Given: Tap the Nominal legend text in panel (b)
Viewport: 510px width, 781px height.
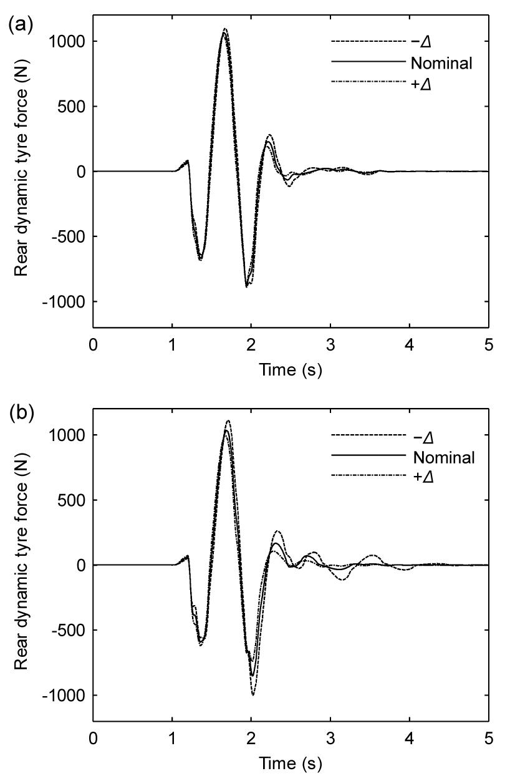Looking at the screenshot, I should pos(444,457).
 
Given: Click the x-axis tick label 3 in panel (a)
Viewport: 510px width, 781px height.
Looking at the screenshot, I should pos(330,344).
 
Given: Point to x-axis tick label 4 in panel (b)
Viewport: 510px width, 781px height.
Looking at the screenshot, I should pos(410,739).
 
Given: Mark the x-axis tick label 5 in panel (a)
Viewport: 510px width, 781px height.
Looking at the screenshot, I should pos(488,344).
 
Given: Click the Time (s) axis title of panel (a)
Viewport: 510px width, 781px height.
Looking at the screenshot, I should pos(291,371).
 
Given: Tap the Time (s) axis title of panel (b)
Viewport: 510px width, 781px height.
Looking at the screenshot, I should pos(291,764).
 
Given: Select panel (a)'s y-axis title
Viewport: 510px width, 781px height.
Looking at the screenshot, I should pos(22,172).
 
